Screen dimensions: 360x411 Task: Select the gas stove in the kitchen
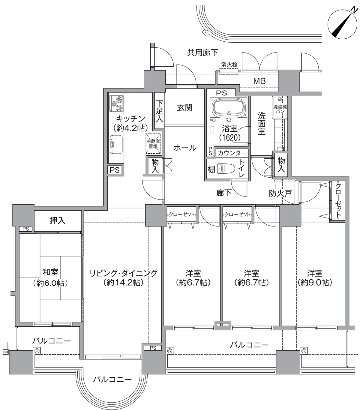(116, 103)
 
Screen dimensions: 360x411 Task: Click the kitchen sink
(116, 144)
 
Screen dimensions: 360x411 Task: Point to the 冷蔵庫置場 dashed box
(153, 143)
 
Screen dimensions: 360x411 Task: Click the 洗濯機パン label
(280, 109)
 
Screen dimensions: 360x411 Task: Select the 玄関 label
(184, 107)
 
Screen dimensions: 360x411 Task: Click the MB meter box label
(259, 81)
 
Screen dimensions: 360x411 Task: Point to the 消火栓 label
(229, 65)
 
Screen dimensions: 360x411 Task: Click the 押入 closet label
(58, 221)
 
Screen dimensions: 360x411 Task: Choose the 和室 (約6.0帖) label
(50, 277)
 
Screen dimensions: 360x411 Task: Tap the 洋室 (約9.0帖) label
(315, 278)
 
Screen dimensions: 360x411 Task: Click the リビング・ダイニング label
(123, 273)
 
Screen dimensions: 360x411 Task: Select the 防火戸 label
(280, 193)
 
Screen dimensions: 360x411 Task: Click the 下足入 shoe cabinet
(159, 111)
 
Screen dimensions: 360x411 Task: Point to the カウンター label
(232, 153)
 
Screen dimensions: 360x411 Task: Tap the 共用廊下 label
(202, 52)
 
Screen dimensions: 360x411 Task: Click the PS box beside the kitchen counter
(115, 170)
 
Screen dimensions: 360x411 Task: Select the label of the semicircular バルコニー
(112, 379)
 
